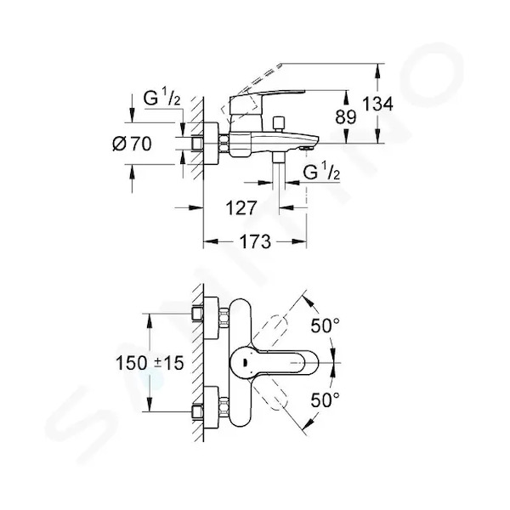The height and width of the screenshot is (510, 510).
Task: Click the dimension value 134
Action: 377,105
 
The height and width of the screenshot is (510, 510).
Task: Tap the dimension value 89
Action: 346,116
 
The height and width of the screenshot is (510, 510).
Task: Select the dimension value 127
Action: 241,207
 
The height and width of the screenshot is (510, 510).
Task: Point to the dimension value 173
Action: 255,241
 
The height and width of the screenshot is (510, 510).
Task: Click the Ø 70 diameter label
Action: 132,144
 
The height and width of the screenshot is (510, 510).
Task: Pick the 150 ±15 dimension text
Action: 150,363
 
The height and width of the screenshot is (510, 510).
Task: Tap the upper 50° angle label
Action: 325,326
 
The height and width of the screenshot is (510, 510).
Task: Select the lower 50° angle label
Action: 325,399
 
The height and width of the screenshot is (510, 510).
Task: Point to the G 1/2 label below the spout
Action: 321,172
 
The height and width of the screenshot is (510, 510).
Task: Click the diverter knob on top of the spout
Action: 279,124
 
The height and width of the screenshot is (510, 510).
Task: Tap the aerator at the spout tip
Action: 306,148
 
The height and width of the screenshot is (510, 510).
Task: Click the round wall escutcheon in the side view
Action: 211,144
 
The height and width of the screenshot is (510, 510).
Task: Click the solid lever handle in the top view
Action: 274,362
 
